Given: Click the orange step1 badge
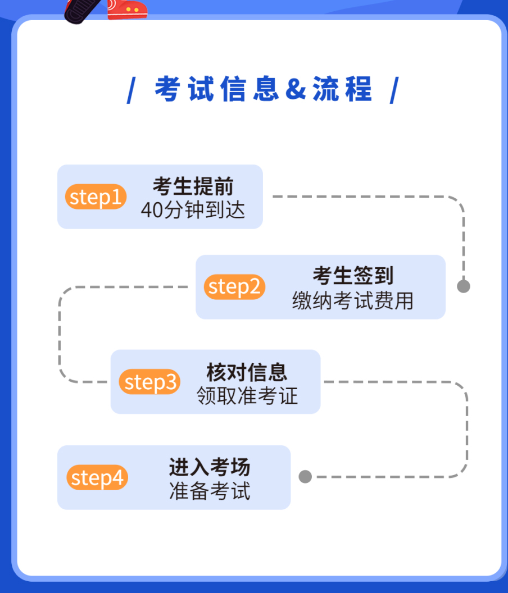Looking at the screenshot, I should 96,197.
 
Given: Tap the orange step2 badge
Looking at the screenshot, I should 234,287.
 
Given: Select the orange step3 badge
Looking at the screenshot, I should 149,382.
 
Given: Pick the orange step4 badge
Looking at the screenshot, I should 97,478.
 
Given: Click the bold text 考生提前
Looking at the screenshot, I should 193,186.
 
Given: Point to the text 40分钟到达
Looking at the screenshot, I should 193,210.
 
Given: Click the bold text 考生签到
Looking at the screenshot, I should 353,276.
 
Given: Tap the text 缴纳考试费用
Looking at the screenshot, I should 353,301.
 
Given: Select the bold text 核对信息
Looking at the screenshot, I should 247,372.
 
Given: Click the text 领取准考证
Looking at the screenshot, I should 247,396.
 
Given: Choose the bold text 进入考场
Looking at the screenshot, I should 210,467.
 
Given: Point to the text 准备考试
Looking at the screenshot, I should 210,491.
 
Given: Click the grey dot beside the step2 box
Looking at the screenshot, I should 464,286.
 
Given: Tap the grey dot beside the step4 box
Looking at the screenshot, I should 305,477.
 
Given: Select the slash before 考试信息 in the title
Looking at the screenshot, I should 131,90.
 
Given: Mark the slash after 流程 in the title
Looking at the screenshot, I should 394,90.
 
